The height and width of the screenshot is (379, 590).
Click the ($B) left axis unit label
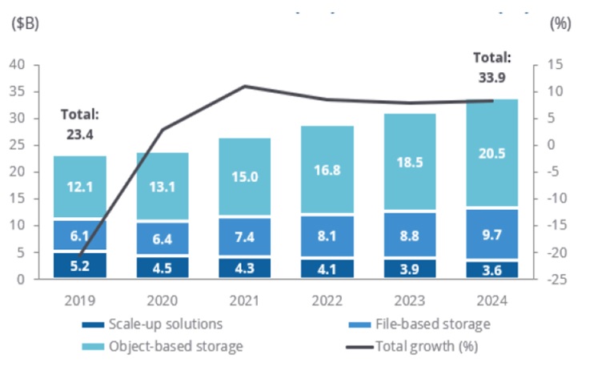pos(23,23)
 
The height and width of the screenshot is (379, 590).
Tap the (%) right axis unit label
pos(560,23)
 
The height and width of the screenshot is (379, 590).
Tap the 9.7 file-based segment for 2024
pos(492,234)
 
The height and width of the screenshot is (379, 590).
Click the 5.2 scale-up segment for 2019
pos(80,264)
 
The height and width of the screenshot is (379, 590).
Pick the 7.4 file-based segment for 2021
pos(244,237)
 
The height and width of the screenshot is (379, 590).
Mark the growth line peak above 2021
pos(244,87)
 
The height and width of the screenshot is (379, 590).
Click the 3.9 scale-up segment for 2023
pos(410,268)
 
